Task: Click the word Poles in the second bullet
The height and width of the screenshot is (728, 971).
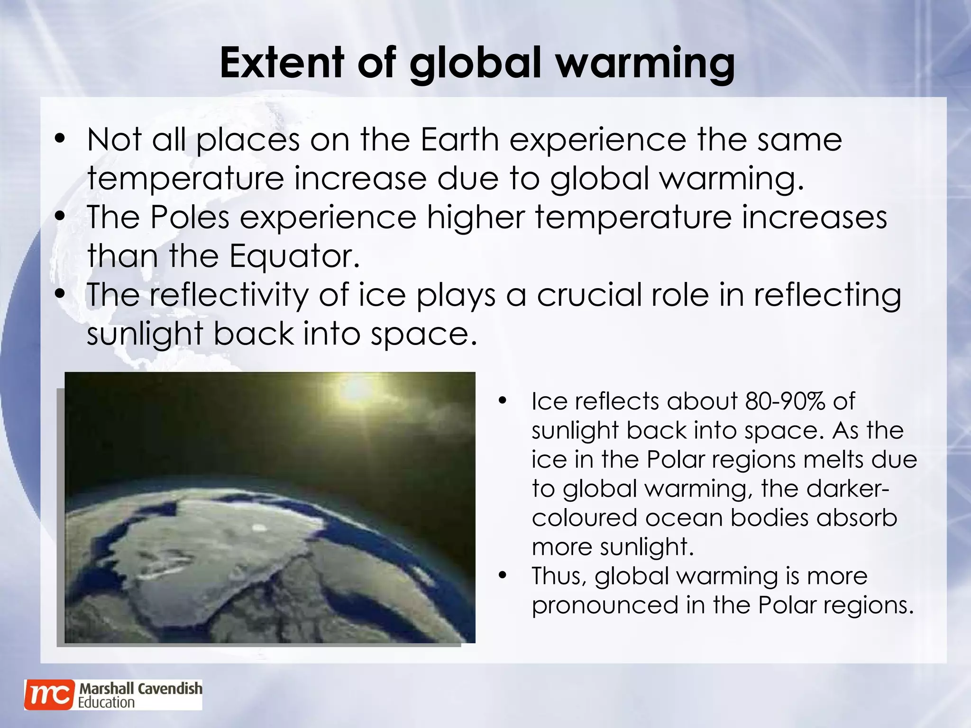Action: click(x=190, y=217)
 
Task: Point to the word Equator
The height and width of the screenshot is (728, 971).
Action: click(x=294, y=256)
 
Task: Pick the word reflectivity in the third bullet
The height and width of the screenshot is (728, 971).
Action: click(x=229, y=295)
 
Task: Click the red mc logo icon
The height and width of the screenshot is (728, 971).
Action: click(x=49, y=695)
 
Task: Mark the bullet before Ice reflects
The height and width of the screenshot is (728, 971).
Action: click(x=503, y=401)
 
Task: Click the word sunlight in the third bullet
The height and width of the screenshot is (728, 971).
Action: click(x=145, y=334)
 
